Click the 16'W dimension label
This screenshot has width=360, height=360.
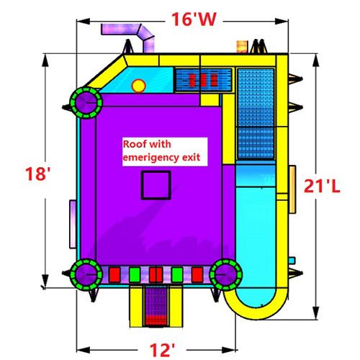coord(194,19)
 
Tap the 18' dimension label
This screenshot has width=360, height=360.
coord(37,174)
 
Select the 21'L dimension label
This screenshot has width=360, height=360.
coord(322,186)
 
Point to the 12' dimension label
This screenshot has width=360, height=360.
coord(162,350)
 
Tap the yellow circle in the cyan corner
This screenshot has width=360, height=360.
coord(138,86)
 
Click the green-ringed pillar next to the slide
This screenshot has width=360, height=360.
coord(225,274)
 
